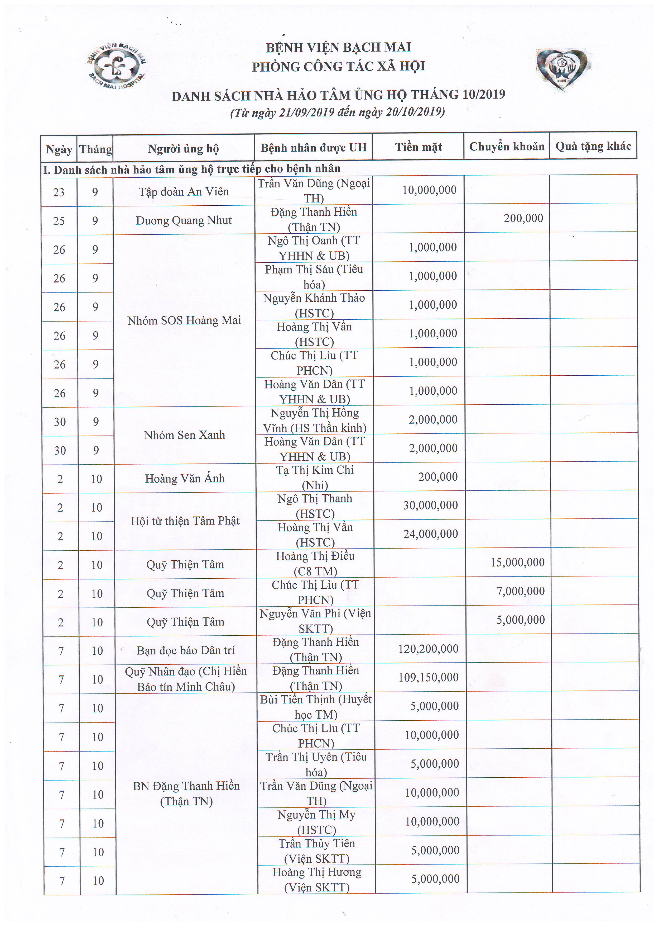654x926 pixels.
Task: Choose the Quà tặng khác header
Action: [x=593, y=146]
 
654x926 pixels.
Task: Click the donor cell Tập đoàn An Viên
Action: [x=184, y=192]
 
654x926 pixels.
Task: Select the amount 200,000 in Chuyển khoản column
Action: [x=523, y=218]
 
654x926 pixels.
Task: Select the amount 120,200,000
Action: [x=428, y=649]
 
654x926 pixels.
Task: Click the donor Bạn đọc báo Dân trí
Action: [x=185, y=650]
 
